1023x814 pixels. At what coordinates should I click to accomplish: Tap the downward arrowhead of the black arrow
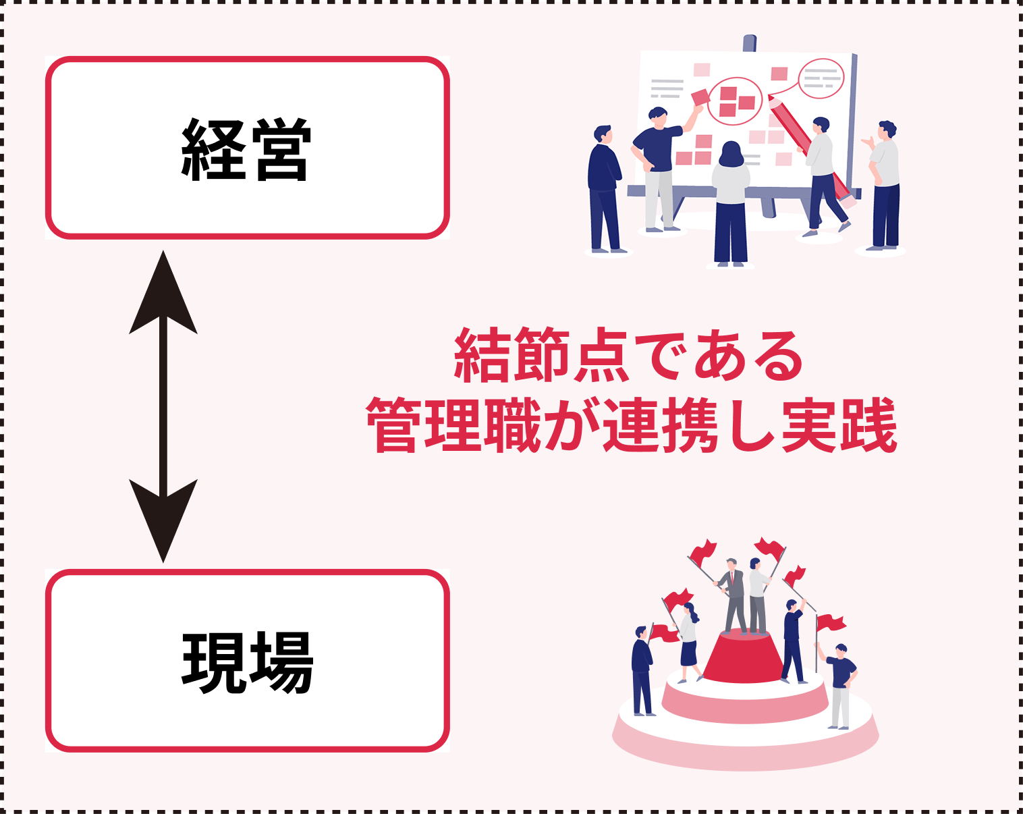click(x=163, y=520)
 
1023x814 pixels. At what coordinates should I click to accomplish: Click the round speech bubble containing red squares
click(x=735, y=101)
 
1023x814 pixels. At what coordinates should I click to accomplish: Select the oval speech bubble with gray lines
click(x=821, y=78)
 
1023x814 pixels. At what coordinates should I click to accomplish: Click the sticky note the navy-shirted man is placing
click(x=700, y=98)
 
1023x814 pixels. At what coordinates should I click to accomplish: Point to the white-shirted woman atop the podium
click(x=756, y=594)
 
